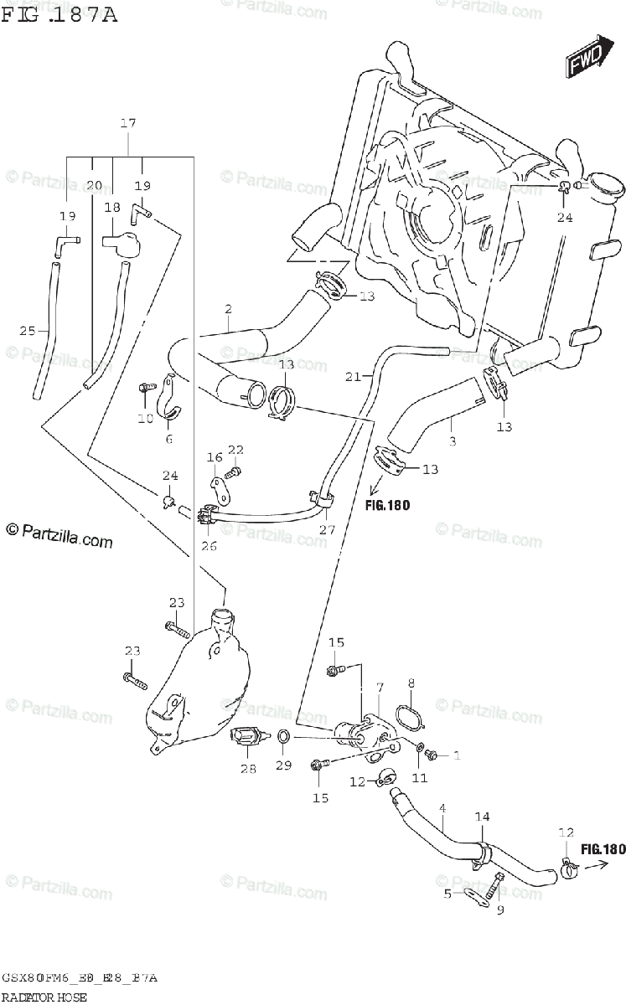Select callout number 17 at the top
point(127,124)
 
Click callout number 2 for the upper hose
point(227,310)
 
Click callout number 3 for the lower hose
point(452,440)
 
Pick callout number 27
point(326,529)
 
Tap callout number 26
point(209,547)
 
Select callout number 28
point(248,770)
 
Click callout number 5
point(448,894)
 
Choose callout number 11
point(419,778)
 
